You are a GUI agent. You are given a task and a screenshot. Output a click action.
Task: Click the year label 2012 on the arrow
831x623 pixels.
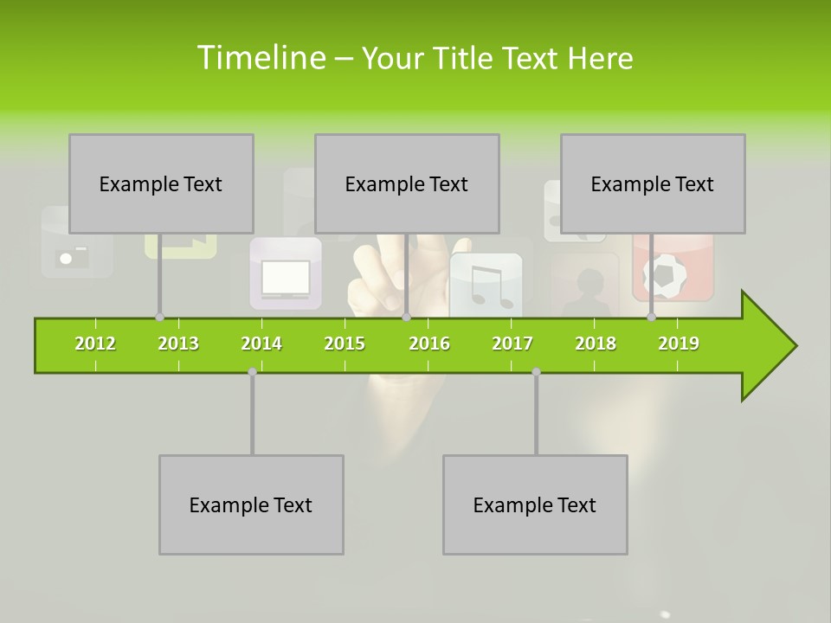coord(95,344)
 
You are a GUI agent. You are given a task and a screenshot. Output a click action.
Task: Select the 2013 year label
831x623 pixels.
coord(178,344)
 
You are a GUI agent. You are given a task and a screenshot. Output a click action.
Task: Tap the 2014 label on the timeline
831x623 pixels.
coord(261,344)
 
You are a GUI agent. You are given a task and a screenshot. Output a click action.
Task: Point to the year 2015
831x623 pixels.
coord(345,344)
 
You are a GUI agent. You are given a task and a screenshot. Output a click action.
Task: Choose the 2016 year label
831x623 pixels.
coord(429,344)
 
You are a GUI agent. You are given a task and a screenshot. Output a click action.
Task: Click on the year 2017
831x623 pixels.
coord(512,344)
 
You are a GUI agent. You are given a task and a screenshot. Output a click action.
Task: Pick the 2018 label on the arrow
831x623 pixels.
coord(596,344)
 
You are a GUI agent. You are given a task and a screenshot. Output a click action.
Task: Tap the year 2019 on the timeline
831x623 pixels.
coord(679,344)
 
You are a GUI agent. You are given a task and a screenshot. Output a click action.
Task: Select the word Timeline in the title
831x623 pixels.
coord(260,58)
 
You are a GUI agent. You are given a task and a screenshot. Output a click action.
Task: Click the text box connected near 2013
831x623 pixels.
coord(161,183)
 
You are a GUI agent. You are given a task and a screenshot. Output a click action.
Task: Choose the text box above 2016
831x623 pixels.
coord(407,183)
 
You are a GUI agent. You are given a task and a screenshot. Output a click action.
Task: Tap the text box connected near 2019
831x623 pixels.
coord(653,183)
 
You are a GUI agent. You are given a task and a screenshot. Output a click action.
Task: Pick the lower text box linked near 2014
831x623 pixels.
coord(251,504)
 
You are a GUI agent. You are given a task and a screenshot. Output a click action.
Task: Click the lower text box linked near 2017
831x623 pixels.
coord(535,504)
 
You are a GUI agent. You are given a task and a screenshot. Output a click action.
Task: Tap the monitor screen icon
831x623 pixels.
coord(286,277)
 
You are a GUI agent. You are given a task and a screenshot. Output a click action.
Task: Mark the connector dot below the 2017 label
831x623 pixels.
coord(536,372)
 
